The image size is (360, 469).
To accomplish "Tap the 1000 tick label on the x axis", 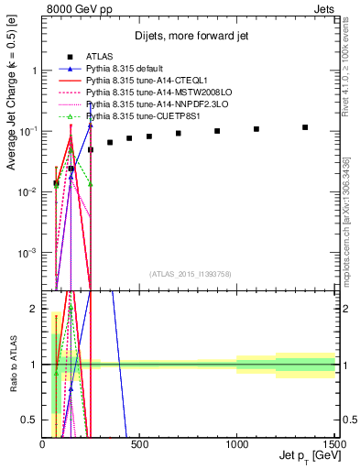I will pos(236,444).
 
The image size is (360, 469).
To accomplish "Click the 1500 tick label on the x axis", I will pos(333,444).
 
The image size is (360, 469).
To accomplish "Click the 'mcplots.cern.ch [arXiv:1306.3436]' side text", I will pos(349,220).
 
